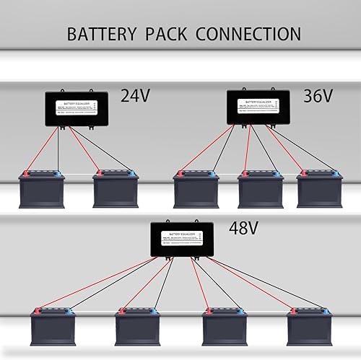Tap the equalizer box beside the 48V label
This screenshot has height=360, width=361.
click(x=182, y=240)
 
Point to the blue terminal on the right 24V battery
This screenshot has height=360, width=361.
click(x=132, y=174)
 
